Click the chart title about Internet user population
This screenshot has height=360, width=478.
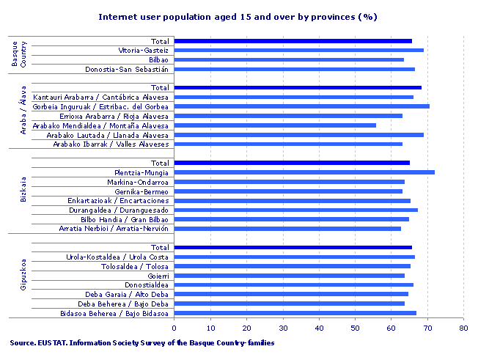tap(238, 15)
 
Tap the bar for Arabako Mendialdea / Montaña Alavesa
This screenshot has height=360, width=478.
tap(275, 125)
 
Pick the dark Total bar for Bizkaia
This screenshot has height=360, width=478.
tap(292, 163)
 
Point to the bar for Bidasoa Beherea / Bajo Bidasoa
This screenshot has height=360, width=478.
tap(295, 313)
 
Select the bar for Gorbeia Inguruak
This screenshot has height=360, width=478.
tap(302, 106)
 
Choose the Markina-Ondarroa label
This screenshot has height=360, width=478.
tap(138, 182)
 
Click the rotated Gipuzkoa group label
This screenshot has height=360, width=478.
tap(23, 280)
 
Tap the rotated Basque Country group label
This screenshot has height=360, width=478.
tap(19, 55)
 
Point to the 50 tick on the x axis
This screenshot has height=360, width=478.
tap(355, 328)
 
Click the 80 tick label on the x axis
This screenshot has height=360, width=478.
tap(463, 328)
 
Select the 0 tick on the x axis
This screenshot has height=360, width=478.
tap(174, 328)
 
